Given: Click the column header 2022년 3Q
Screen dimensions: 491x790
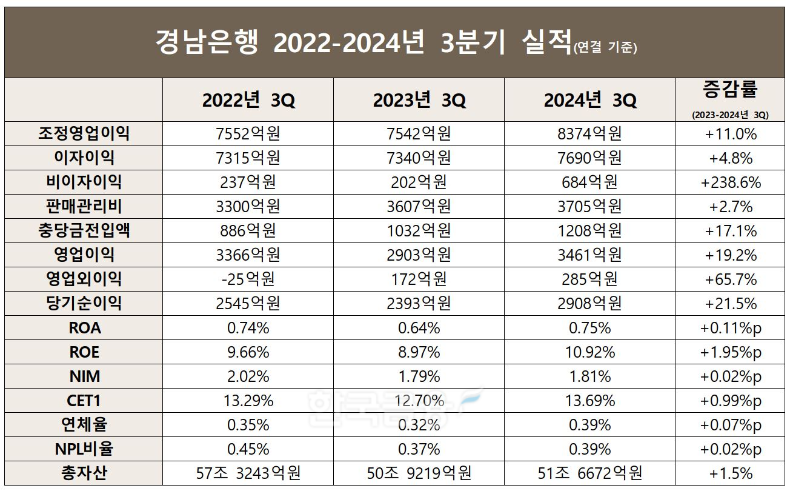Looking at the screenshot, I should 248,100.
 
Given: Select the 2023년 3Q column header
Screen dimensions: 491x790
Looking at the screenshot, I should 419,100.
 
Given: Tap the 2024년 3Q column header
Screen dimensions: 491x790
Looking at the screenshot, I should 590,100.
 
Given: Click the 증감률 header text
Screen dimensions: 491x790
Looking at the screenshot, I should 730,90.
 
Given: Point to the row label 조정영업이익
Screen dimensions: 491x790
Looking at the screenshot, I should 84,133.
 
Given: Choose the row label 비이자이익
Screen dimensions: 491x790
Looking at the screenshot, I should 84,182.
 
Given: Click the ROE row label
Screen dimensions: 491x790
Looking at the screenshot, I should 84,352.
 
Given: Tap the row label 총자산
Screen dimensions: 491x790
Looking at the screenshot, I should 84,473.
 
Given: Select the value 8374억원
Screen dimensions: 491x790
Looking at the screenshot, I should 589,133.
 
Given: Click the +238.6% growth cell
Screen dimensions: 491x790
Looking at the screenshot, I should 730,182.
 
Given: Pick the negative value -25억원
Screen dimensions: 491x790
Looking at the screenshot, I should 248,279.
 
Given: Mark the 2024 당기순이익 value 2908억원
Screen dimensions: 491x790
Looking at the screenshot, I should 589,303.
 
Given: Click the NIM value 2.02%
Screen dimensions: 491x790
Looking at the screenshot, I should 248,376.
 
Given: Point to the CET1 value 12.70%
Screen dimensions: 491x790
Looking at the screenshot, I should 419,401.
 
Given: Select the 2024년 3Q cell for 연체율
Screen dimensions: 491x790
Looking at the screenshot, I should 589,425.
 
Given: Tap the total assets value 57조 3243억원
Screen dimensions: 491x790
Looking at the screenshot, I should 248,473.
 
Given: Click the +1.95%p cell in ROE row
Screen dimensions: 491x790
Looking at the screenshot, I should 730,352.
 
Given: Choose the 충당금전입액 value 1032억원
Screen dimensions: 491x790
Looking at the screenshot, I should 419,230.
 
